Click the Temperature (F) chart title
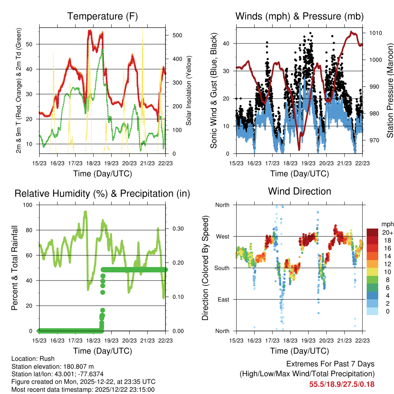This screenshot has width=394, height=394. (x=102, y=17)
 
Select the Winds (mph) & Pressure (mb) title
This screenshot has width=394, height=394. (x=299, y=17)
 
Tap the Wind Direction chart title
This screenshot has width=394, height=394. (x=299, y=191)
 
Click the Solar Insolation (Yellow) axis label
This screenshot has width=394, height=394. (x=189, y=91)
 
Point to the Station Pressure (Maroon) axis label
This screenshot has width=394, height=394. (x=390, y=91)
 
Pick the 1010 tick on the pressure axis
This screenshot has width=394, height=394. (x=375, y=33)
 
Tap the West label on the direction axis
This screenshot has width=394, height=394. (x=222, y=236)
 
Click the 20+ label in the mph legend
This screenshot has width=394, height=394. (x=387, y=232)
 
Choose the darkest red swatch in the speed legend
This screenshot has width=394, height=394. (x=372, y=232)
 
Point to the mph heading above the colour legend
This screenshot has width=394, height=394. (x=387, y=224)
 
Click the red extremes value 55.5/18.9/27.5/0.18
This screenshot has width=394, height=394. (x=342, y=384)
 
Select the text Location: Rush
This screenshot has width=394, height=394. (x=33, y=359)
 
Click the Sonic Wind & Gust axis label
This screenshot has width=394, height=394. (x=214, y=91)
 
